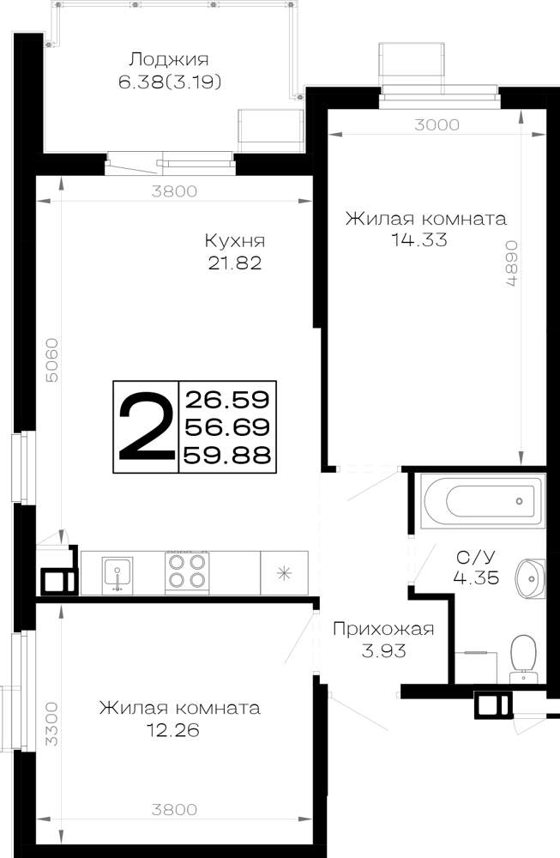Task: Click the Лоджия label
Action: pos(168,60)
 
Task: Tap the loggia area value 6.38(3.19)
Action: pos(170,82)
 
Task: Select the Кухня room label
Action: pos(235,241)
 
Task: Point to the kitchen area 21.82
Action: pos(235,263)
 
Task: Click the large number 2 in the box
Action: pos(146,426)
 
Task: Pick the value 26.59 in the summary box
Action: pos(227,400)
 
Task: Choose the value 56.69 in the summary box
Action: pos(227,426)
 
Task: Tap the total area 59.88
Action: pos(227,454)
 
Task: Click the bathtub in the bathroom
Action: pos(483,501)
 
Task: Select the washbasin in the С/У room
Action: pos(530,577)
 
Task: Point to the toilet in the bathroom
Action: pos(524,659)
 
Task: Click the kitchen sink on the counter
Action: pos(117,575)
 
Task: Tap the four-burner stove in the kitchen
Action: pos(187,571)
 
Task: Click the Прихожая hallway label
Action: pos(383,629)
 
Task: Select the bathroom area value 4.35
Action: pos(476,577)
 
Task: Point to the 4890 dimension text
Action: pos(511,263)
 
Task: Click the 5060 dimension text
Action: pos(51,360)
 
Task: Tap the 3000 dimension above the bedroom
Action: pos(437,124)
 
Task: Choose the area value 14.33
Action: pos(419,239)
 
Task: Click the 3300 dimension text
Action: pos(51,724)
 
